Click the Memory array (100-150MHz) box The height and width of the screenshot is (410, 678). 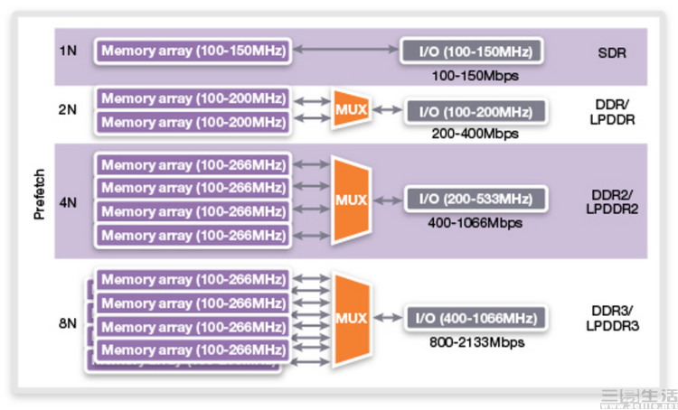point(193,51)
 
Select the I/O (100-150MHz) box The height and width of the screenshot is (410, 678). point(472,51)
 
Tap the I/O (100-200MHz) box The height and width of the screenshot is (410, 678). point(476,112)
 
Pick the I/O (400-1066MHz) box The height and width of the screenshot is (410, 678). point(476,318)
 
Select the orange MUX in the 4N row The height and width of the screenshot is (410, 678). point(351,200)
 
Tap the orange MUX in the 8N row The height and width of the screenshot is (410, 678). point(351,319)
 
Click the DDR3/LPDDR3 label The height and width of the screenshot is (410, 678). point(610,318)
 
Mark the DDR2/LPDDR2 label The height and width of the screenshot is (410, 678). point(610,200)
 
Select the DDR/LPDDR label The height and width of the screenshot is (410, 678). point(610,112)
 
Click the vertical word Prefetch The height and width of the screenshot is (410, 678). point(39,194)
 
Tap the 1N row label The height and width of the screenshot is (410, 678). point(67,51)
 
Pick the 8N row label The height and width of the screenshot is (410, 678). point(67,322)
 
